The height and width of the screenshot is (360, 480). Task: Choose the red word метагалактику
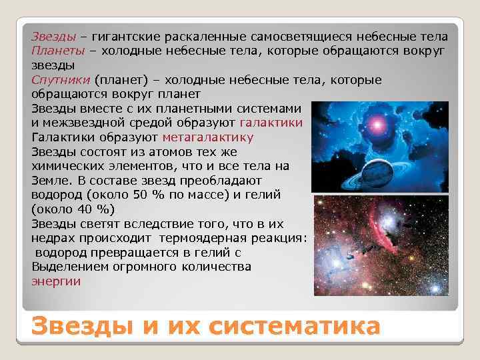[x=207, y=138]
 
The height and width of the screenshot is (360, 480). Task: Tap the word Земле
[x=49, y=181]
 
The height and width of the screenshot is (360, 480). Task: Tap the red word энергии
[x=56, y=281]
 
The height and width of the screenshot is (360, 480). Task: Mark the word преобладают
[x=220, y=181]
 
